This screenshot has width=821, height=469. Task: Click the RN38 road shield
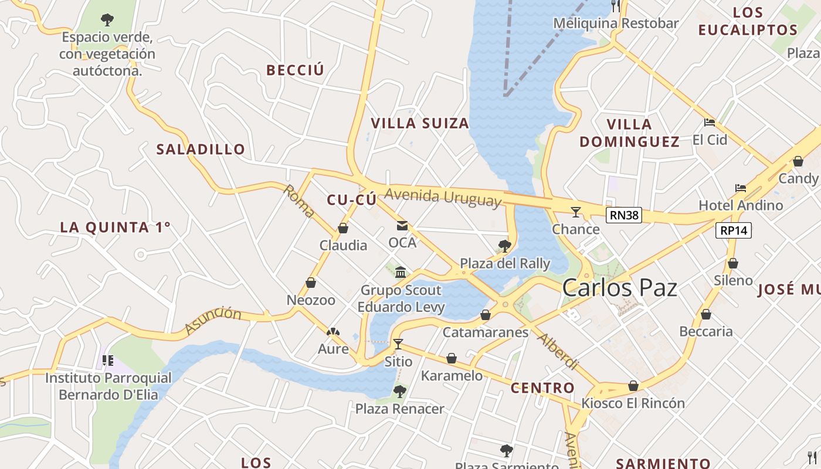[623, 215]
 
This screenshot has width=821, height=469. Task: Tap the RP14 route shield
[733, 230]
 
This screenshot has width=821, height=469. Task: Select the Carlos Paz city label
[619, 288]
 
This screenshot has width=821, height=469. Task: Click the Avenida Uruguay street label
[443, 197]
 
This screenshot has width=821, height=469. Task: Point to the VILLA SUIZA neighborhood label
[420, 123]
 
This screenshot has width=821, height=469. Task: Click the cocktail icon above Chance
[576, 212]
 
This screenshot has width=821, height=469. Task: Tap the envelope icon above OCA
[402, 225]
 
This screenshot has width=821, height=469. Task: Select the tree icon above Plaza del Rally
[504, 246]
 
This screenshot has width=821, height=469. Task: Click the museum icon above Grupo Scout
[401, 272]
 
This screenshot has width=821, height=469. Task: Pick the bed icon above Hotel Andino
[741, 188]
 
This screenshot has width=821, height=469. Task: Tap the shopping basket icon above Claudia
[343, 228]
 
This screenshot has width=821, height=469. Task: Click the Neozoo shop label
[311, 300]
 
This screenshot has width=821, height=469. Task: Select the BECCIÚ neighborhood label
[295, 70]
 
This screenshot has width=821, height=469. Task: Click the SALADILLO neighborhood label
[201, 149]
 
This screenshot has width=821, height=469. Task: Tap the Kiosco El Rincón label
[633, 403]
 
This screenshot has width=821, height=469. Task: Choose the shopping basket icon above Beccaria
[706, 314]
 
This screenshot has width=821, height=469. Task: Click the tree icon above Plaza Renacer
[400, 391]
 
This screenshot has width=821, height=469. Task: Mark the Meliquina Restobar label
[616, 23]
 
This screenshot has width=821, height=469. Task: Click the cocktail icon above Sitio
[398, 344]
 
